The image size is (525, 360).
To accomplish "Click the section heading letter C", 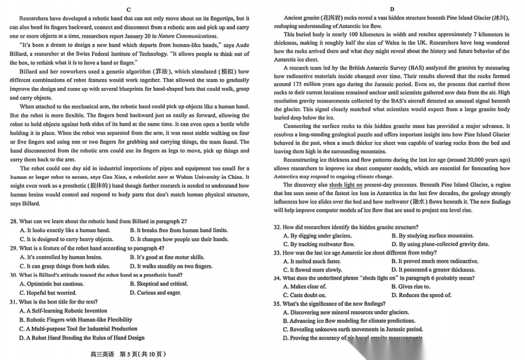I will [128, 10].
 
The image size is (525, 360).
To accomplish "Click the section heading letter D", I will [392, 9].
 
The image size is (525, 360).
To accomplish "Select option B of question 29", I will [167, 257].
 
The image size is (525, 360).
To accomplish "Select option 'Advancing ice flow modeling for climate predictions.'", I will [349, 321].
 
